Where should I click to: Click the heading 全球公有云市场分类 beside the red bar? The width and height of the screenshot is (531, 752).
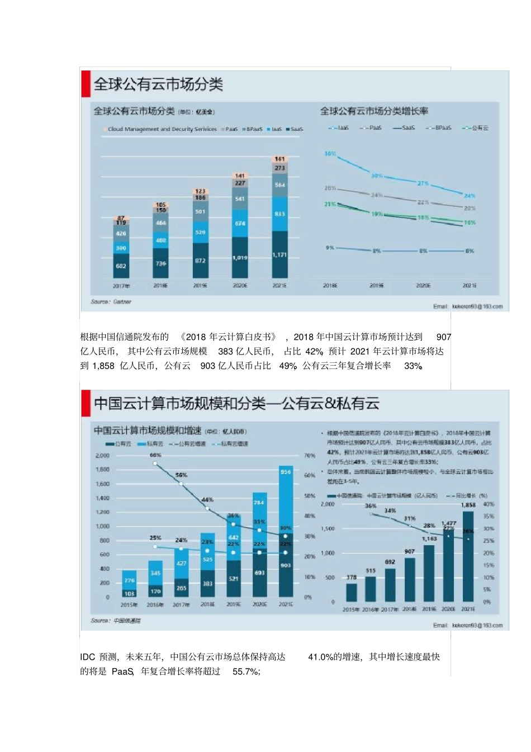158,84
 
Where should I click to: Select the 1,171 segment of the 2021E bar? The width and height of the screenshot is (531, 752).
279,255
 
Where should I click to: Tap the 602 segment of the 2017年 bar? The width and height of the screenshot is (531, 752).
121,266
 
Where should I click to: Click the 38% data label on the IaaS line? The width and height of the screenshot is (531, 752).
330,153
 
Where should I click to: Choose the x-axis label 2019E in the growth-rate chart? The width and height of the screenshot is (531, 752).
377,286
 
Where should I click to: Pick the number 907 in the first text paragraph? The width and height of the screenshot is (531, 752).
443,337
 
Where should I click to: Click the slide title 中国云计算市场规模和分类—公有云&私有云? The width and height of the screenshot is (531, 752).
236,404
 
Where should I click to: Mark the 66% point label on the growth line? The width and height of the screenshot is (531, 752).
155,456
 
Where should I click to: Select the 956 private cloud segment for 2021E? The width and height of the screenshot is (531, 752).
286,472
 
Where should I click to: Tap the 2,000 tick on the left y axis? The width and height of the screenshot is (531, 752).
102,456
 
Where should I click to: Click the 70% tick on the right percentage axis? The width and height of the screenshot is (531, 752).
309,456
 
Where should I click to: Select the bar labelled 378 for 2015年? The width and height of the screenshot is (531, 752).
351,592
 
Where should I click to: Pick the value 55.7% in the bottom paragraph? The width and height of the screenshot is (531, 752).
246,671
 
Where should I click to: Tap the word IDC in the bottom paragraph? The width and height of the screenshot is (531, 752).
88,657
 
